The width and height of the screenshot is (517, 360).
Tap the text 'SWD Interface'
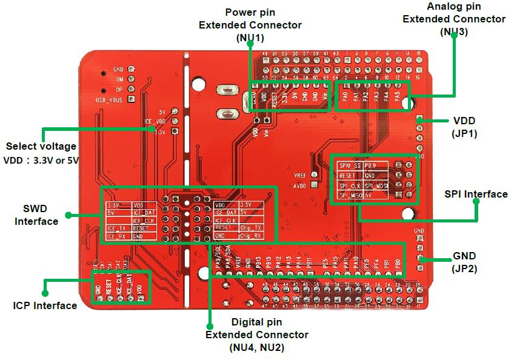pyautogui.click(x=36, y=215)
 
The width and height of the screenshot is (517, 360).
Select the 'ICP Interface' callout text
pyautogui.click(x=45, y=305)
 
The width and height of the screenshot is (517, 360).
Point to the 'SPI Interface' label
pyautogui.click(x=476, y=194)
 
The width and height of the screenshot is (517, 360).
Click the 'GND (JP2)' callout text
pyautogui.click(x=464, y=261)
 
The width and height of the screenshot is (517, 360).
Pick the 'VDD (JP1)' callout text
pyautogui.click(x=464, y=127)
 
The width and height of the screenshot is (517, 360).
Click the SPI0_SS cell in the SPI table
pyautogui.click(x=350, y=165)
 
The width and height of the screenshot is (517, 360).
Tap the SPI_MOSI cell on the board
pyautogui.click(x=376, y=185)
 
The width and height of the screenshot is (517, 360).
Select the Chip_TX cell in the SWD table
pyautogui.click(x=251, y=228)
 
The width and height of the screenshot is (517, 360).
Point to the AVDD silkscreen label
pyautogui.click(x=300, y=186)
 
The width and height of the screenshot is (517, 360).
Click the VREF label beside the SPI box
pyautogui.click(x=300, y=175)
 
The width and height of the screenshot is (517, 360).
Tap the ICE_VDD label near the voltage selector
pyautogui.click(x=155, y=121)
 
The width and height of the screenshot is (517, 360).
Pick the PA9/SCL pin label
pyautogui.click(x=219, y=259)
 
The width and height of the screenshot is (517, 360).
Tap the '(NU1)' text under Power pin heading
pyautogui.click(x=250, y=38)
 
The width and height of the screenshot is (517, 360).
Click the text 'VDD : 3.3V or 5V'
pyautogui.click(x=41, y=161)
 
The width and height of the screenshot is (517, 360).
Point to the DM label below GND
pyautogui.click(x=119, y=79)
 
